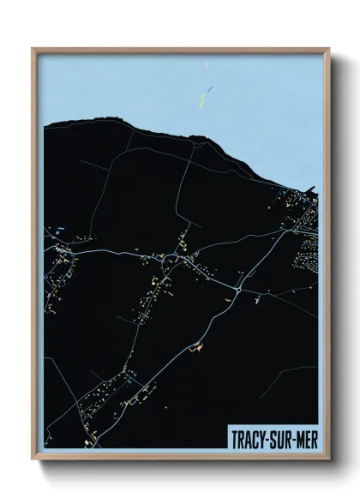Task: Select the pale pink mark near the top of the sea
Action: click(x=208, y=65)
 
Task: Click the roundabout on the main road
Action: click(x=237, y=292)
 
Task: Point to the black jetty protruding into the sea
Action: click(x=313, y=189)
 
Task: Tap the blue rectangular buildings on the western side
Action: click(x=61, y=228)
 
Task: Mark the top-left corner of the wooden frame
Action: click(x=33, y=49)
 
